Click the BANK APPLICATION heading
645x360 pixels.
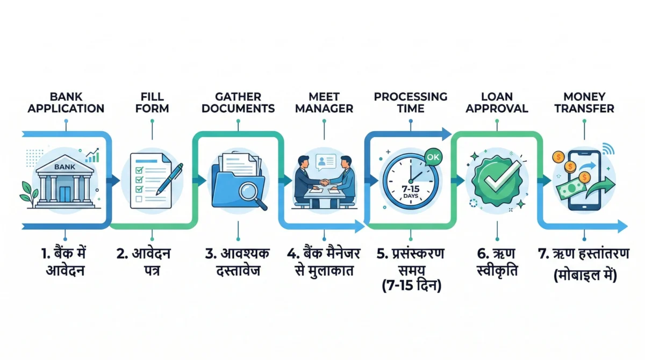(66, 102)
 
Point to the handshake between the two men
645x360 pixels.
(324, 182)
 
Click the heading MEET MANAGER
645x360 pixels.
(324, 102)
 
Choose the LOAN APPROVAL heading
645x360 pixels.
(497, 102)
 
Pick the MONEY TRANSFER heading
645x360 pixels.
(583, 102)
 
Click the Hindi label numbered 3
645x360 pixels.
(238, 261)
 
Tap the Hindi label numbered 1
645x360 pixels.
(66, 261)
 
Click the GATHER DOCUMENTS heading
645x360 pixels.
(238, 102)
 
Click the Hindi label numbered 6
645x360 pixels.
(497, 261)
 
